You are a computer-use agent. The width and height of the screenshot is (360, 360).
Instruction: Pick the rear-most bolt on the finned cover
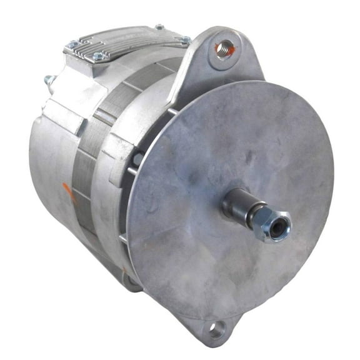(159, 27)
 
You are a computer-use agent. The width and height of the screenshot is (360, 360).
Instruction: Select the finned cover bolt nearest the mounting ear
(186, 39)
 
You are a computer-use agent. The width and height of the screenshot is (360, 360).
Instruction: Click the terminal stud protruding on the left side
(49, 81)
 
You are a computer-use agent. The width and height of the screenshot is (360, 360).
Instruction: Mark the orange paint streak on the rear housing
(70, 195)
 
